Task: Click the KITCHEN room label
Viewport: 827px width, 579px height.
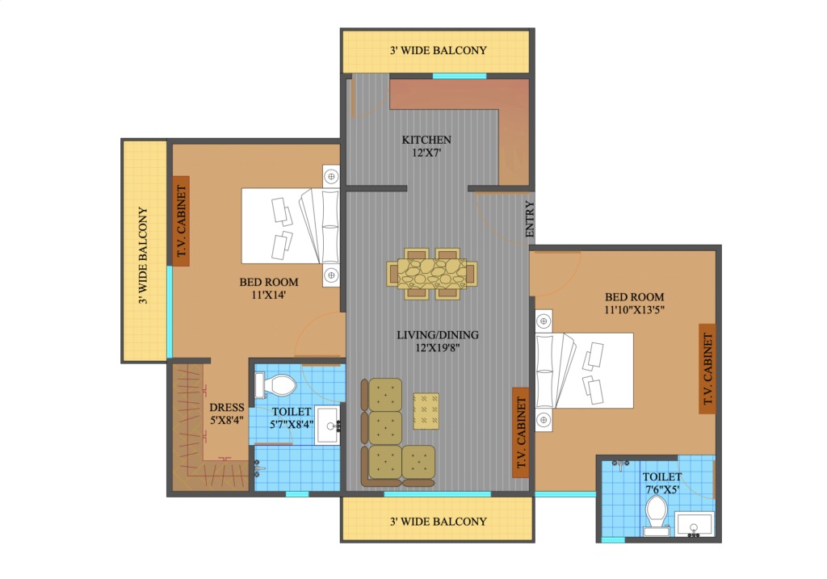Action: [426, 140]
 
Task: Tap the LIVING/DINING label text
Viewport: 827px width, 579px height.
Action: [438, 335]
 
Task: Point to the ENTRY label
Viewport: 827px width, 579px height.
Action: [530, 219]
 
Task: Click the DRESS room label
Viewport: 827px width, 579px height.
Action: [227, 408]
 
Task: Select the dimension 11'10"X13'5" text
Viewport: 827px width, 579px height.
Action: [634, 310]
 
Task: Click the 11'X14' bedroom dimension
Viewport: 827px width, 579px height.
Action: [268, 296]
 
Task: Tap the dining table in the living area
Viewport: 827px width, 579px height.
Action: [432, 274]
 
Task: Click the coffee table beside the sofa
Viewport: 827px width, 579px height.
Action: [426, 411]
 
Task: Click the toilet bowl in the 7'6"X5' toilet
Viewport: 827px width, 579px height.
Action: [657, 515]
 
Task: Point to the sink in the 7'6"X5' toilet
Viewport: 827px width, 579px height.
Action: [695, 525]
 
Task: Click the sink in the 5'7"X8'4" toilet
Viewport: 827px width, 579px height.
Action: [328, 425]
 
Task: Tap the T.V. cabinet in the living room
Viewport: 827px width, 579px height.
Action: [521, 432]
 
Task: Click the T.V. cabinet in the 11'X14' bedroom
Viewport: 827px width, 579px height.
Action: [181, 221]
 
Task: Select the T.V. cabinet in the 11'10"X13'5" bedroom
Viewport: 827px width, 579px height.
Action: [707, 368]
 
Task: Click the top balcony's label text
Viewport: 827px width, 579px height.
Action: [439, 51]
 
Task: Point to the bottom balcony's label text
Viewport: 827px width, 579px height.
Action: [439, 522]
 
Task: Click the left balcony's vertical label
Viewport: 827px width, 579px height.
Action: [142, 255]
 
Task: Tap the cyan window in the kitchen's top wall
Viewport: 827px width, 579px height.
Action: [460, 76]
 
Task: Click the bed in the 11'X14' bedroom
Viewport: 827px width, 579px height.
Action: [291, 225]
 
